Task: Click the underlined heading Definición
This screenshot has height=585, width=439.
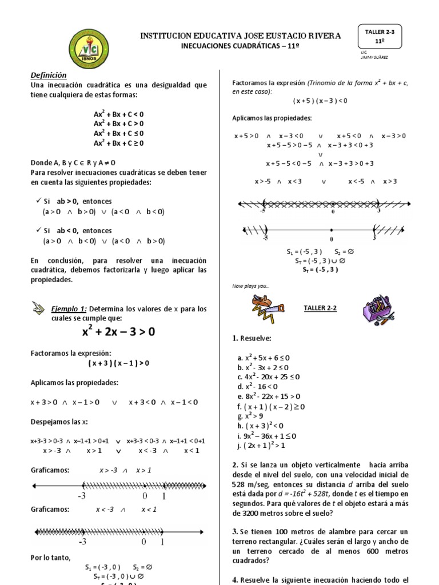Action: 49,75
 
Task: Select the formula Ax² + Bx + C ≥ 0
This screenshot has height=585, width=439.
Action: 119,143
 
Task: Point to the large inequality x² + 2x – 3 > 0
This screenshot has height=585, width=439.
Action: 119,332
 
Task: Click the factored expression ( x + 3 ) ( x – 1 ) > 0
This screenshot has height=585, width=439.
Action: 118,363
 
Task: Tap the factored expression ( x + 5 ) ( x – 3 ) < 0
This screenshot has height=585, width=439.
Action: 320,101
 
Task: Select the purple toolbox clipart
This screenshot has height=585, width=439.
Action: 378,311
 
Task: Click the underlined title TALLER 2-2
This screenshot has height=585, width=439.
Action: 320,308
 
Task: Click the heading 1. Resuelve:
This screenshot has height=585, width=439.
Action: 252,338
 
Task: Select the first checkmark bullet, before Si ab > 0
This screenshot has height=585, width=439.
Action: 37,201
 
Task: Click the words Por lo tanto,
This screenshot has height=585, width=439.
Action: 50,557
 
